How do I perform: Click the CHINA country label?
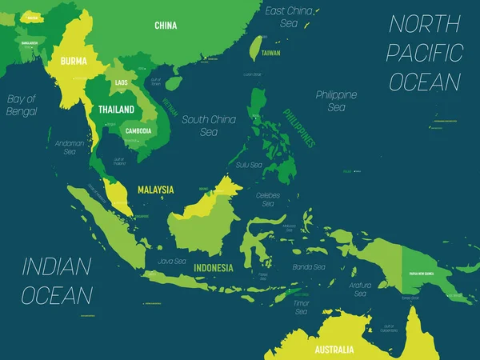tap(166, 26)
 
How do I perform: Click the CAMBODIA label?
tap(140, 130)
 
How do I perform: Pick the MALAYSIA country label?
tap(156, 190)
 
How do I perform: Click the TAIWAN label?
tap(271, 53)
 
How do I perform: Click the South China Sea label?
tap(209, 126)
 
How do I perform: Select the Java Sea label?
tap(172, 261)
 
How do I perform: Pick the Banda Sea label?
tap(308, 267)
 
